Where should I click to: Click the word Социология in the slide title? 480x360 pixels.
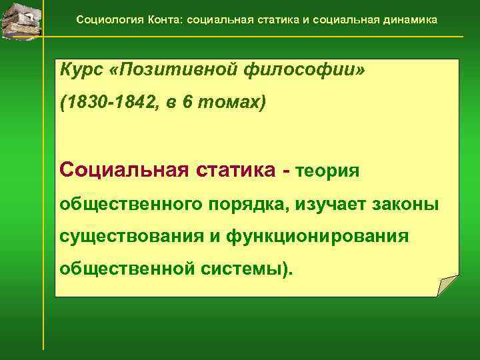103,19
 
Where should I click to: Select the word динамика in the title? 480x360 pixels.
410,19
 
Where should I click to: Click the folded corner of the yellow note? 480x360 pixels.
447,285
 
